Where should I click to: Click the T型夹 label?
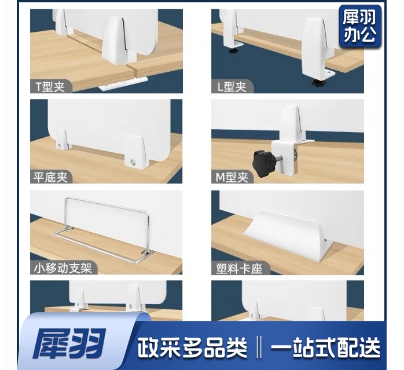50,87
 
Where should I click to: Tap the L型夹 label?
232,87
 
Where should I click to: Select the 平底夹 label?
50,177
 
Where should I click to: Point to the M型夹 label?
232,177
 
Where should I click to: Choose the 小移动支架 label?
63,268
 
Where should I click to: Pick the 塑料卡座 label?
239,269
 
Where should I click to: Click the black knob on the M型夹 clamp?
262,160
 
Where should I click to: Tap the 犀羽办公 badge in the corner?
359,26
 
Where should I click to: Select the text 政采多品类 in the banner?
192,347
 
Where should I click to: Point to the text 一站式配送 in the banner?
325,347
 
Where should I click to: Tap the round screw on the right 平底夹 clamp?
133,162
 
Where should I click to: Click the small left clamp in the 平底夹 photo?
63,139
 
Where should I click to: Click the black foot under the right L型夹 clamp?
317,83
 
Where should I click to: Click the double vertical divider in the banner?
259,347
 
